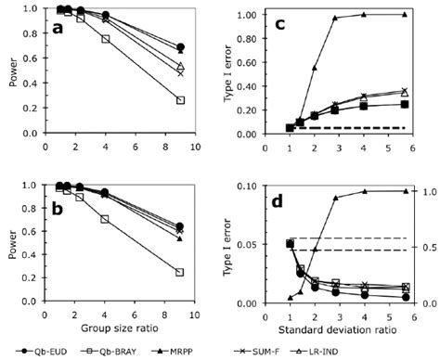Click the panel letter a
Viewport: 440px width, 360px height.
click(x=58, y=30)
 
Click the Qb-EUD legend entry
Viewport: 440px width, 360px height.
click(x=54, y=352)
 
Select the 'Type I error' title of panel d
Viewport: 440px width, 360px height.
click(x=230, y=246)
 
